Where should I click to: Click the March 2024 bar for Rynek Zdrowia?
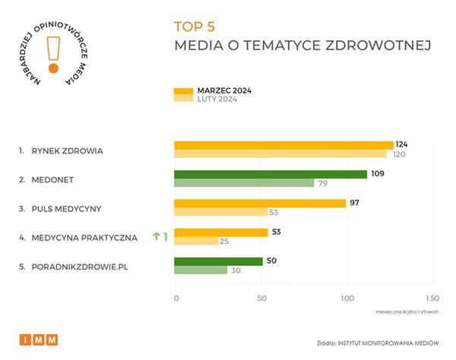pos(283,145)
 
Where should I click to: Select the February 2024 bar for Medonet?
pos(244,183)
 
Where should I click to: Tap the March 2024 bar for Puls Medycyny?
pos(260,203)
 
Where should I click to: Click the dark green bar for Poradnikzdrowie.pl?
pos(218,261)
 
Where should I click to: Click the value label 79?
pos(323,183)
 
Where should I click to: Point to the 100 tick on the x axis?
pos(347,298)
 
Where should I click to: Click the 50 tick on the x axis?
pos(261,298)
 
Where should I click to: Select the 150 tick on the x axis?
pos(433,298)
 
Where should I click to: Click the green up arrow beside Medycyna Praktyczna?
pos(155,236)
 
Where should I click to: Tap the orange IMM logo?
pos(38,339)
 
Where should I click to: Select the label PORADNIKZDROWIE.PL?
pos(78,266)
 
